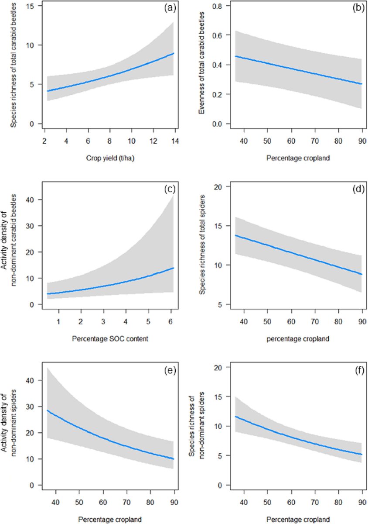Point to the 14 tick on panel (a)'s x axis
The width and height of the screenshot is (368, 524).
[x=174, y=141]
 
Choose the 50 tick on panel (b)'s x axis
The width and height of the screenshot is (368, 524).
[x=266, y=141]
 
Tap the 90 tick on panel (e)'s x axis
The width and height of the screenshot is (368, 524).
[x=174, y=503]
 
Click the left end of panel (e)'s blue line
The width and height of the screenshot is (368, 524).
[x=48, y=410]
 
